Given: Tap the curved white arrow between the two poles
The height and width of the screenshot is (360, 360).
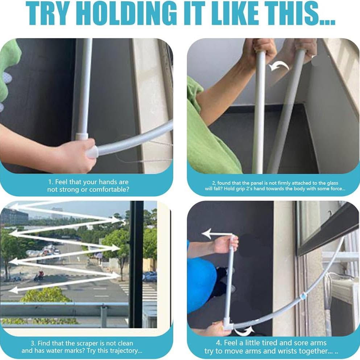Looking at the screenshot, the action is point(279,66).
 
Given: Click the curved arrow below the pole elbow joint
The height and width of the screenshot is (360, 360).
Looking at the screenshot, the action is point(244,331).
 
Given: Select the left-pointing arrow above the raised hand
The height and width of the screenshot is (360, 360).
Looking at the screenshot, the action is point(217,234).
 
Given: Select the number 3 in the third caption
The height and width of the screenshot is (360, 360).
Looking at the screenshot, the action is point(33,343).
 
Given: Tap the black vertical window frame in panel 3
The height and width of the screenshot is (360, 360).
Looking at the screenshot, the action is point(136,264).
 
